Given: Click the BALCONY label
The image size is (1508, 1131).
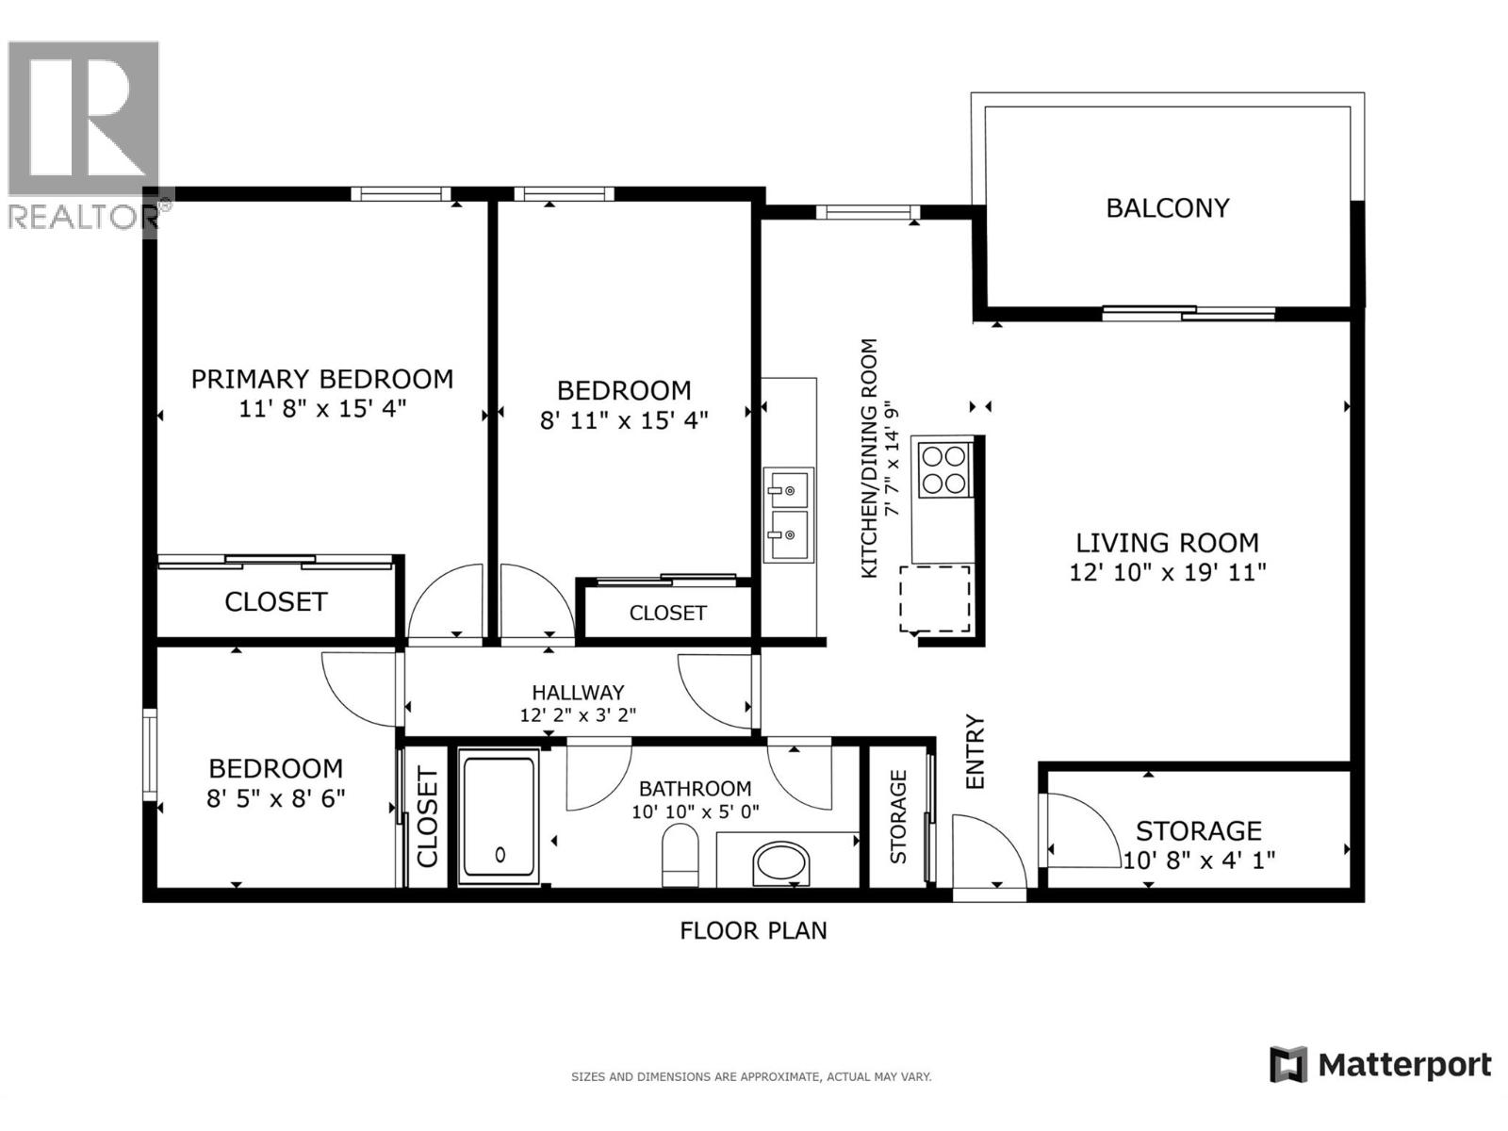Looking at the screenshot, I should [1167, 208].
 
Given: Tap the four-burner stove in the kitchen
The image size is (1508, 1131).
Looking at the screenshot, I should [943, 469].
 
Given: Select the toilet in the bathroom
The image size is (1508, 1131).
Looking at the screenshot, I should [679, 854].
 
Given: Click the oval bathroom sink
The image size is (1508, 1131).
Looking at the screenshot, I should [781, 862].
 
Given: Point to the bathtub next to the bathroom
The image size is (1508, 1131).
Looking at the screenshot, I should [499, 816].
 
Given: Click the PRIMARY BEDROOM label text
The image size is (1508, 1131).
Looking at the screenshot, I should [322, 379].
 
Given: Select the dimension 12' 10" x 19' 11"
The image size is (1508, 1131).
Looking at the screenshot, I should [1167, 572].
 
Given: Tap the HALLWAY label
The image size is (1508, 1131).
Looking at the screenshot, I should [578, 693].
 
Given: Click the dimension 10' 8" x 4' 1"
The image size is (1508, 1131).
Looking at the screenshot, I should [1199, 860].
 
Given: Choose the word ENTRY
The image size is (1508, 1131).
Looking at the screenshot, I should [975, 751].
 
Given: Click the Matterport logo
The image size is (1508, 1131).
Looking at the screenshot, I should [1381, 1065].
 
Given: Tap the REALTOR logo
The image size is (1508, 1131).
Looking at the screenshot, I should [85, 132].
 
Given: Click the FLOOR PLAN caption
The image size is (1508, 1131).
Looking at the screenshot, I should [753, 930].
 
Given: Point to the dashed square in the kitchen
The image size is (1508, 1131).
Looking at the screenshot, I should [935, 598].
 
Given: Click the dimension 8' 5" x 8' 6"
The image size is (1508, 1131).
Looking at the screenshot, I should [275, 798].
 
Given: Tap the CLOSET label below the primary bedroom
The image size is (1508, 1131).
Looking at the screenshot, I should [275, 601].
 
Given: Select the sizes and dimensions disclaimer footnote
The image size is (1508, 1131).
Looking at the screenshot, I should [751, 1076].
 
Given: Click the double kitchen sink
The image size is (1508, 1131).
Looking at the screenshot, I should [787, 515].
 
